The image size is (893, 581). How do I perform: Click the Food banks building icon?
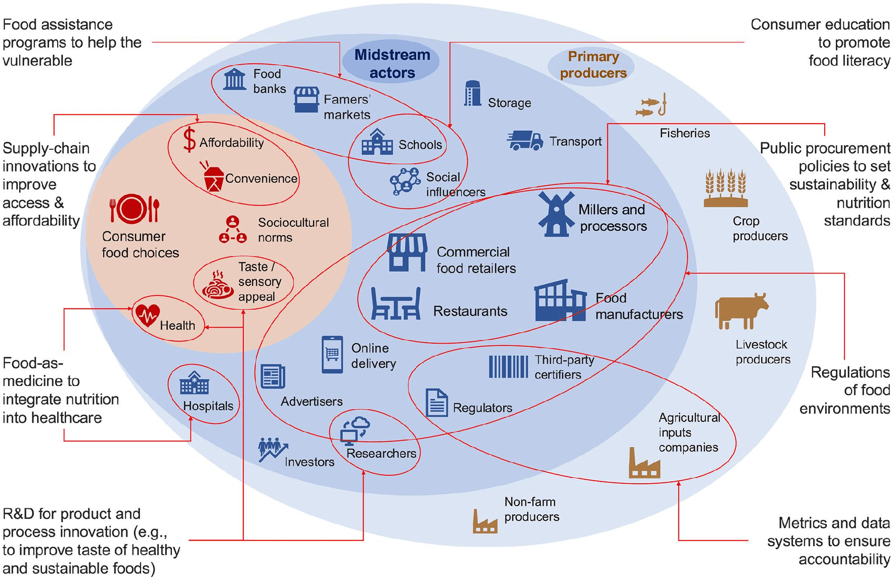(235, 79)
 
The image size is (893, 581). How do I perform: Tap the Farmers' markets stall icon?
(306, 100)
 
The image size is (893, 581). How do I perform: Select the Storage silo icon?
(472, 94)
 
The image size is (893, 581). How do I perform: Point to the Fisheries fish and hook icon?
(651, 106)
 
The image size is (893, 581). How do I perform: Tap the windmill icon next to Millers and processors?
(556, 214)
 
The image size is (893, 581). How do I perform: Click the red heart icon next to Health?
(148, 315)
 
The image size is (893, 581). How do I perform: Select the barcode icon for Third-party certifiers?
(509, 367)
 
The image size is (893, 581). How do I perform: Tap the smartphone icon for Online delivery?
(332, 354)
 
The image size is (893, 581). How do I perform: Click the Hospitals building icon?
(194, 383)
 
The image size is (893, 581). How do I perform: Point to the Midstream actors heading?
(392, 63)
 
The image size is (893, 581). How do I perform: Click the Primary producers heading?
(593, 65)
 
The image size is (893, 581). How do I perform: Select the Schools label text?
(420, 145)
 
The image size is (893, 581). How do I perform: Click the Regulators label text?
(482, 408)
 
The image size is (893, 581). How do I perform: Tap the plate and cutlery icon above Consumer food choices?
(134, 209)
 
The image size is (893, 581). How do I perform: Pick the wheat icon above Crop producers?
(726, 188)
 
